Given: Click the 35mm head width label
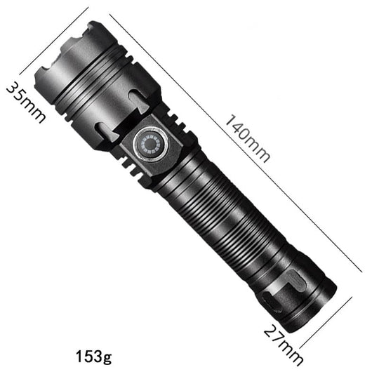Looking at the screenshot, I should point(25,101).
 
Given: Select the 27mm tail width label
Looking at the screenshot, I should point(284,344).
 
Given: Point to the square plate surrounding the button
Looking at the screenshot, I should point(152,144).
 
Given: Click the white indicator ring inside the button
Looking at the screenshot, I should point(152,145).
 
